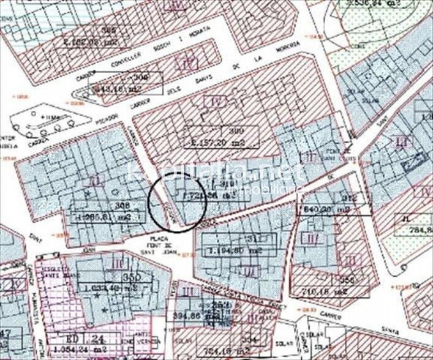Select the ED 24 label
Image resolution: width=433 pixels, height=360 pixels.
80,338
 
